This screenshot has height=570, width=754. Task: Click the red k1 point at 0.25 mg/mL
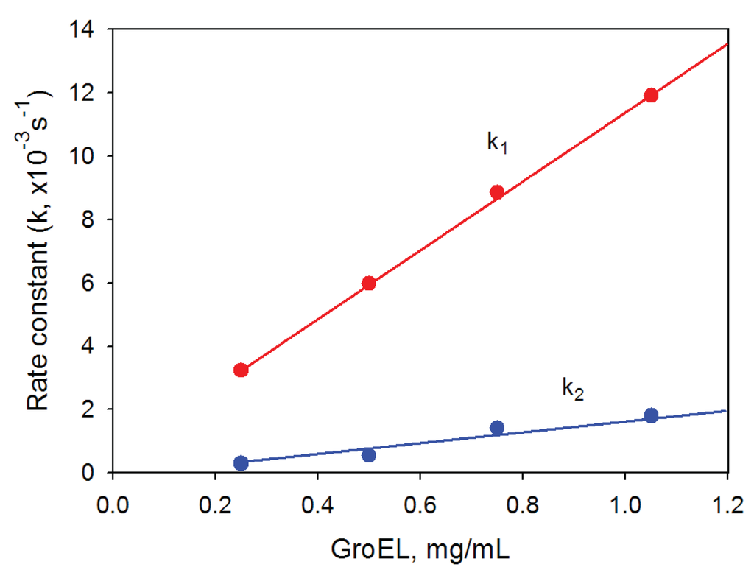pos(240,370)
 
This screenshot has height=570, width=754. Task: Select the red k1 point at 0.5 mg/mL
pos(369,283)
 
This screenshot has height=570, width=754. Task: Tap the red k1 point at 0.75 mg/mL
pos(497,192)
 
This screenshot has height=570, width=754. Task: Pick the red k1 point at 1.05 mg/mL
pos(651,95)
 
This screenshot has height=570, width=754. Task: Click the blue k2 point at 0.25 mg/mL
pos(240,462)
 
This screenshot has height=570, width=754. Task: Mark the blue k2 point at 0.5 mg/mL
pos(369,455)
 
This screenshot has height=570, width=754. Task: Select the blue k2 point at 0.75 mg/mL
pos(497,428)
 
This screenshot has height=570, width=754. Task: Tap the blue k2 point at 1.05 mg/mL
pos(651,415)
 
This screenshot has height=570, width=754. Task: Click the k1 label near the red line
pos(498,143)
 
